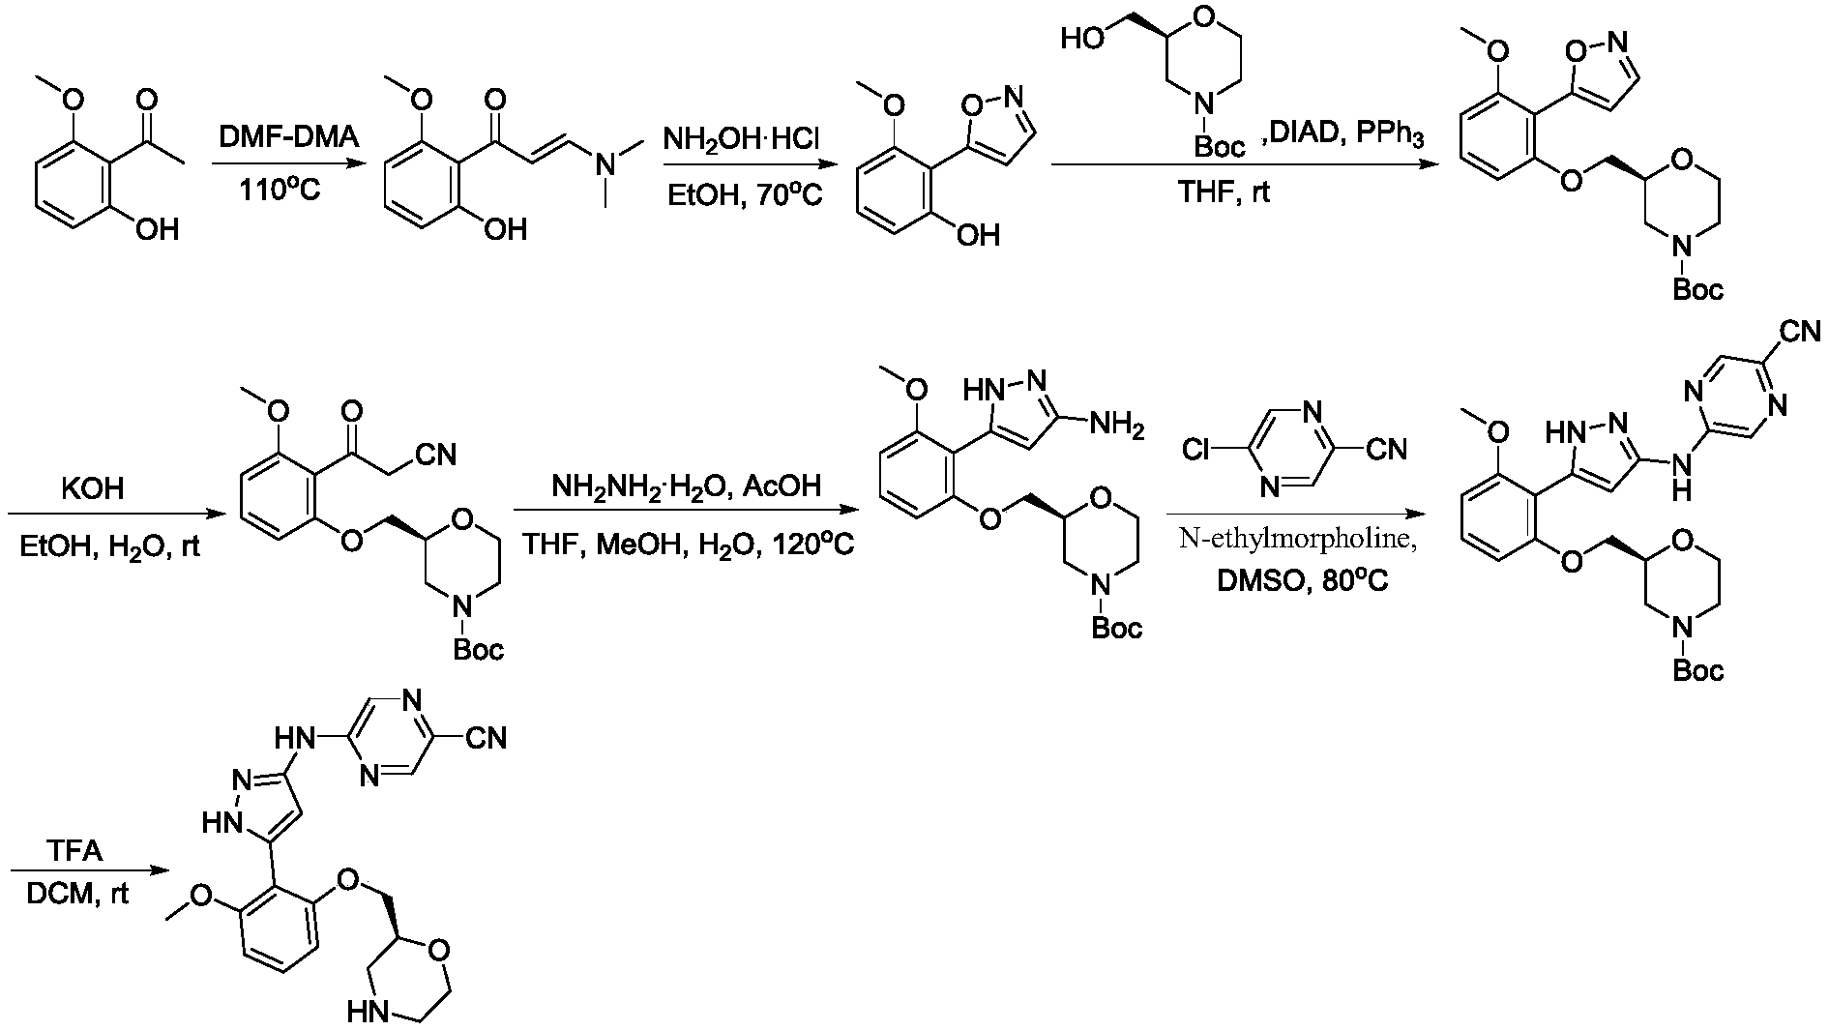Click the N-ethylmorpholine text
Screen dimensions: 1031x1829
[1298, 542]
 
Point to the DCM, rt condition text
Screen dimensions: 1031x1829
[77, 895]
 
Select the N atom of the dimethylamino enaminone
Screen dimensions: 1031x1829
[605, 165]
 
